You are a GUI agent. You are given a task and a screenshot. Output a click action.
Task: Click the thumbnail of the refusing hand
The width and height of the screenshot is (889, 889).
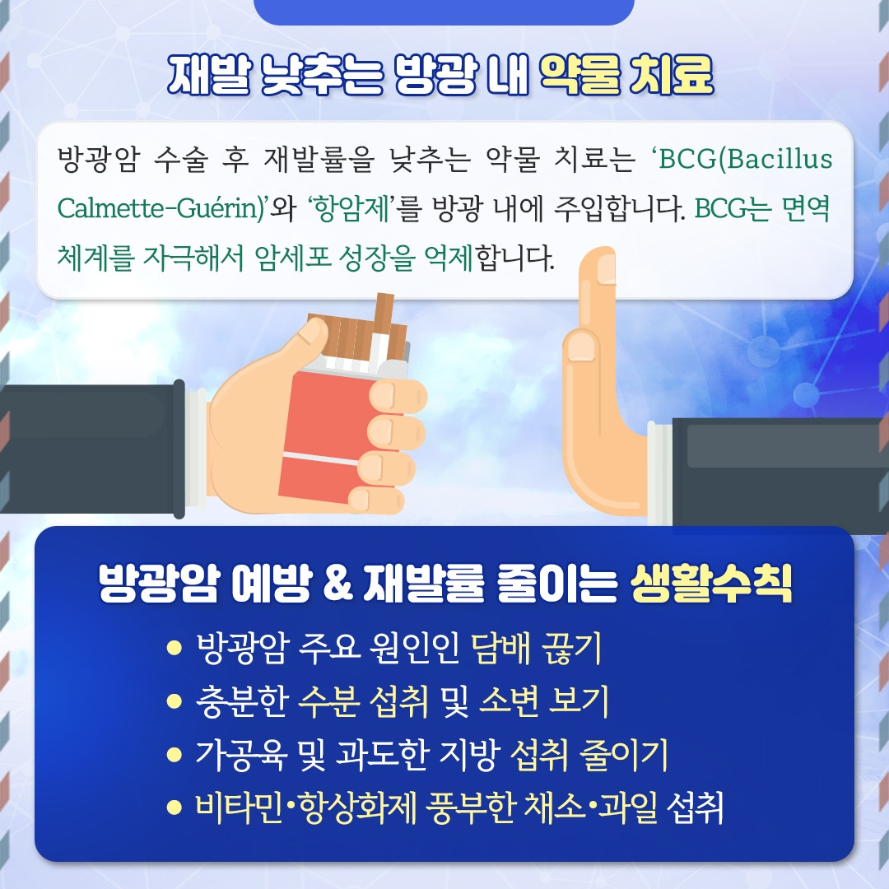(x=582, y=347)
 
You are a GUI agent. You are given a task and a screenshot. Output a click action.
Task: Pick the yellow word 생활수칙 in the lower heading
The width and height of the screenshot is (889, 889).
(x=710, y=584)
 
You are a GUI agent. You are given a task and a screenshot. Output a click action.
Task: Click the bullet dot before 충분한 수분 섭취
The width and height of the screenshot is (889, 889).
(x=173, y=701)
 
